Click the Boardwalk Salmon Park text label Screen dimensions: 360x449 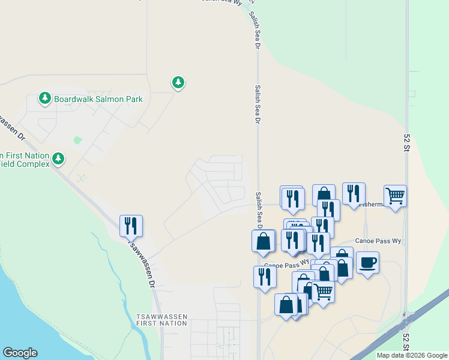click(98, 99)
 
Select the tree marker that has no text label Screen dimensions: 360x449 click(178, 82)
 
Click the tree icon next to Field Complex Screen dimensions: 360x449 click(58, 158)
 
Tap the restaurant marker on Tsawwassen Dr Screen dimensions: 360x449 click(131, 226)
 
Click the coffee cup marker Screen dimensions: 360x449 click(367, 262)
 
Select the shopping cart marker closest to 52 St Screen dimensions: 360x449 click(395, 196)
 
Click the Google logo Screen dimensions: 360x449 click(20, 353)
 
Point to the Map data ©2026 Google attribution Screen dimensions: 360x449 click(412, 355)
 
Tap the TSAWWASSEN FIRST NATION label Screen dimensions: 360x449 click(162, 319)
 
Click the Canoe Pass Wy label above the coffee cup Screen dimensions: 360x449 click(377, 241)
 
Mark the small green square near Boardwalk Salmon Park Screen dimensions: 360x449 click(77, 140)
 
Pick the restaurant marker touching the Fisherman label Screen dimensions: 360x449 click(354, 193)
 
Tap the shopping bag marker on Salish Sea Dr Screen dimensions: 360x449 click(263, 241)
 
